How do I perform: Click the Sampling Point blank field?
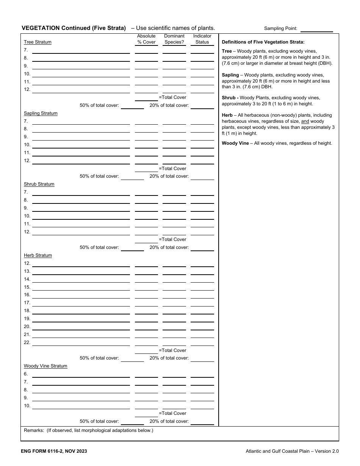point(316,29)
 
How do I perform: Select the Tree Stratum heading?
point(38,42)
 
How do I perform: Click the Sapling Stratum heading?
point(41,113)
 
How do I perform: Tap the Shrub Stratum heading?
point(39,184)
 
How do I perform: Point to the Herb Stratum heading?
point(38,255)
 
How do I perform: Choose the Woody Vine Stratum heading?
point(45,366)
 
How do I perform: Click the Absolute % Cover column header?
point(146,39)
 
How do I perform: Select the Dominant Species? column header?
point(174,39)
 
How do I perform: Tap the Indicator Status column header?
point(202,39)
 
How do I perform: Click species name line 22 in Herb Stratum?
point(81,343)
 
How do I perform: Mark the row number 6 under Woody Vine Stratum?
point(26,374)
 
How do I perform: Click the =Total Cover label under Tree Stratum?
point(173,97)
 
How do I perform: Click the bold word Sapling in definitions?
point(230,75)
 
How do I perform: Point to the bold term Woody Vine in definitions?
point(235,143)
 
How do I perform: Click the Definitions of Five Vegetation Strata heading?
point(263,42)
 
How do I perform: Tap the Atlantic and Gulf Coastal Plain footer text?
point(292,451)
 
